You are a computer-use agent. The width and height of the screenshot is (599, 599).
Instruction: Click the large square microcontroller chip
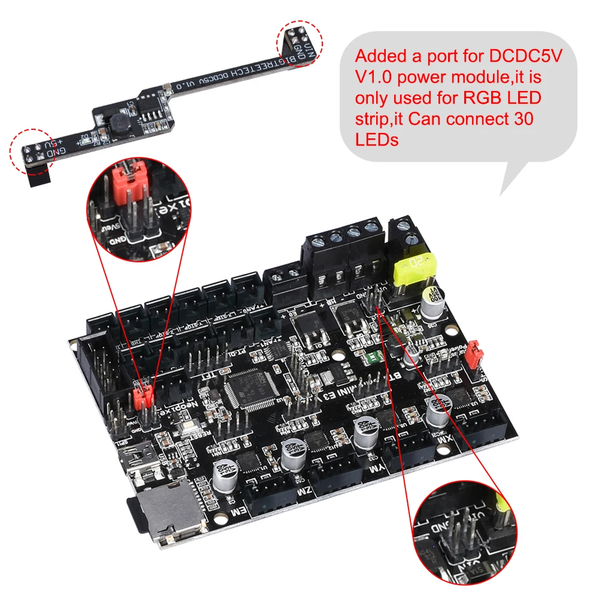click(x=249, y=389)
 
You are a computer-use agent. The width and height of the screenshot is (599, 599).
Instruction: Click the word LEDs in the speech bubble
click(x=377, y=140)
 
